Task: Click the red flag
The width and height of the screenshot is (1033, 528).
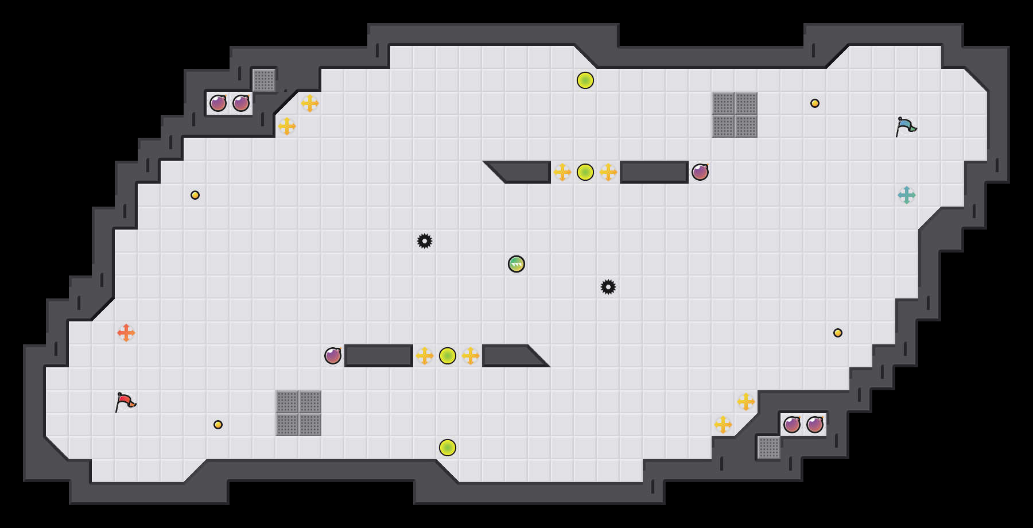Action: point(125,402)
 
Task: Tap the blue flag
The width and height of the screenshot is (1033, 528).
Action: point(906,126)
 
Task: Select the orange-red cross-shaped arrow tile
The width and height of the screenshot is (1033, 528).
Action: point(126,333)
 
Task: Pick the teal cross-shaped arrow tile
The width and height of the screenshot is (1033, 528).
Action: point(907,195)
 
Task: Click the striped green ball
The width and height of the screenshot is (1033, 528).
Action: point(516,264)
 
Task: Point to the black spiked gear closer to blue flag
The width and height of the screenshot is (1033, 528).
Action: point(608,287)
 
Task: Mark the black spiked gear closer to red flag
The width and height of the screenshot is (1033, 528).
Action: point(425,241)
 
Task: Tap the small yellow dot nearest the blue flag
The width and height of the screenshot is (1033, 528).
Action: point(815,103)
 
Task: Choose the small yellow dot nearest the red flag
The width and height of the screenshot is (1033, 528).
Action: point(218,425)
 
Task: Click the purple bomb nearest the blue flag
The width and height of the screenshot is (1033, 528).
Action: point(700,172)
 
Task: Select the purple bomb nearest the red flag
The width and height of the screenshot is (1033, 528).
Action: point(333,356)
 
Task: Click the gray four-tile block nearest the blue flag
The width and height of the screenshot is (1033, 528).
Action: point(735,115)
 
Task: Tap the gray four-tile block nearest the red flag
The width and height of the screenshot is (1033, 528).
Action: point(298,413)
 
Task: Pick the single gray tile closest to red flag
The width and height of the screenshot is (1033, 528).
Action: point(264,80)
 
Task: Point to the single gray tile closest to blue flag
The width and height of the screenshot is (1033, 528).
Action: point(769,448)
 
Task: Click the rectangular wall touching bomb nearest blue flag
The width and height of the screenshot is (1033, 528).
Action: point(654,172)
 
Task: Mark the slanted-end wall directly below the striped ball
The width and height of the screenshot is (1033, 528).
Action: point(511,356)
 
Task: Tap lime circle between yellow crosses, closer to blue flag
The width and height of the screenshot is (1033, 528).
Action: point(585,172)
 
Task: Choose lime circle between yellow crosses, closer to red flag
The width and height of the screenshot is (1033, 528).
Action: point(448,356)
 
